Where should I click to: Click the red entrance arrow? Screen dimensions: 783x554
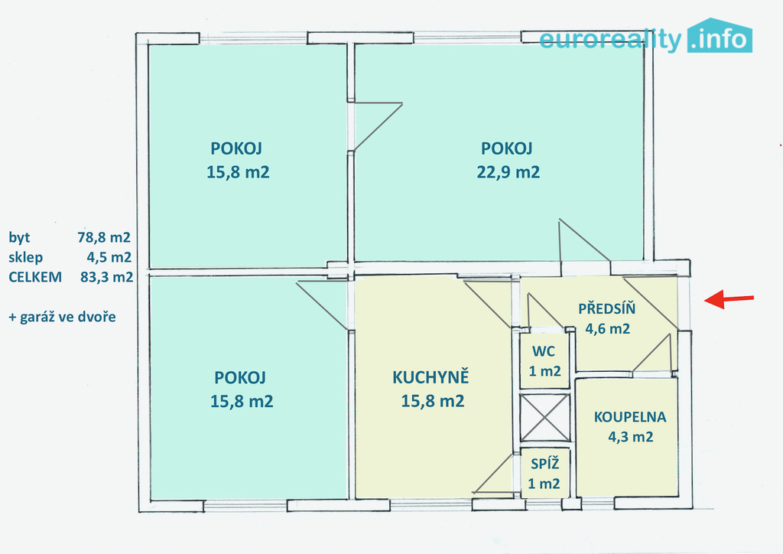coord(729,299)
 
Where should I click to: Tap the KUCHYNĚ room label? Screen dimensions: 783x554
coord(430,377)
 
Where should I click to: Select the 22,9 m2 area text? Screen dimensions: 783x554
coord(508,172)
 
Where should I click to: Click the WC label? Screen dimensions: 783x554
coord(544,351)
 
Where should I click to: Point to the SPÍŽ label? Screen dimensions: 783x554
coord(544,464)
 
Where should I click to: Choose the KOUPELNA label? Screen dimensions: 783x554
coord(630,417)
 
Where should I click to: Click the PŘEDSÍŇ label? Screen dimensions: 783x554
coord(606,308)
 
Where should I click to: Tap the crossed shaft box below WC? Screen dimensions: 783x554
coord(544,418)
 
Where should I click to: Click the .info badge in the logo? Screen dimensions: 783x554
coord(720,36)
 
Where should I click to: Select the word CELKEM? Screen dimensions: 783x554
coord(35,277)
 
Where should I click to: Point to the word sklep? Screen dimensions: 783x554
coord(25,257)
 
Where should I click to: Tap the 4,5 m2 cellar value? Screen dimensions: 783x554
coord(109,257)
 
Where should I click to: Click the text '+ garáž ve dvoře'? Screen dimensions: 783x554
coord(62,317)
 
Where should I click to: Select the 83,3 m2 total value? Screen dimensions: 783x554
coord(106,277)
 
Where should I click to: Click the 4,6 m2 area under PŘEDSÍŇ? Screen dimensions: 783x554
coord(607,329)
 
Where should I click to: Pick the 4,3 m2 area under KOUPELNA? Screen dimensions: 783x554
coord(630,437)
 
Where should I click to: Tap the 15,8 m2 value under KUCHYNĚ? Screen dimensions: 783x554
coord(433,401)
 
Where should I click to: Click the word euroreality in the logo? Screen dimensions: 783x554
coord(610,40)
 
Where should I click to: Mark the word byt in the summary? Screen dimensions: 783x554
coord(19,237)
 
